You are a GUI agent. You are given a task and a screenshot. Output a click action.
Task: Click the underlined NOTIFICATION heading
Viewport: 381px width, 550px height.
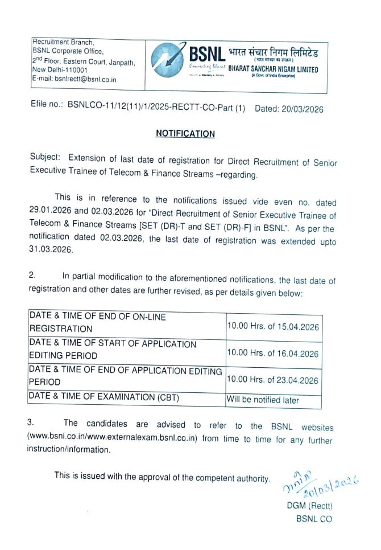coord(185,134)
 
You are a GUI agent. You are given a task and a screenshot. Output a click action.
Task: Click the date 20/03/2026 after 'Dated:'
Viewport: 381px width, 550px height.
coord(303,109)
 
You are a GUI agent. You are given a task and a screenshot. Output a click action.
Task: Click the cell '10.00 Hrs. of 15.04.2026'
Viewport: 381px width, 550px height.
coord(273,327)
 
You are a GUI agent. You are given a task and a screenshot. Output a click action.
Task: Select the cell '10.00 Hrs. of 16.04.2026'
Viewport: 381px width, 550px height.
coord(273,353)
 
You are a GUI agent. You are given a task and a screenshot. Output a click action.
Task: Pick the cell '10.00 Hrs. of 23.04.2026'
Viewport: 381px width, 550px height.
coord(273,380)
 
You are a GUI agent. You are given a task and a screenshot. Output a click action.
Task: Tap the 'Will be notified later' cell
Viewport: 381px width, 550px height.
coord(263,400)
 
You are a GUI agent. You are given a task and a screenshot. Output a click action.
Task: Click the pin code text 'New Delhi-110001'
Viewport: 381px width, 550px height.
coord(60,70)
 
